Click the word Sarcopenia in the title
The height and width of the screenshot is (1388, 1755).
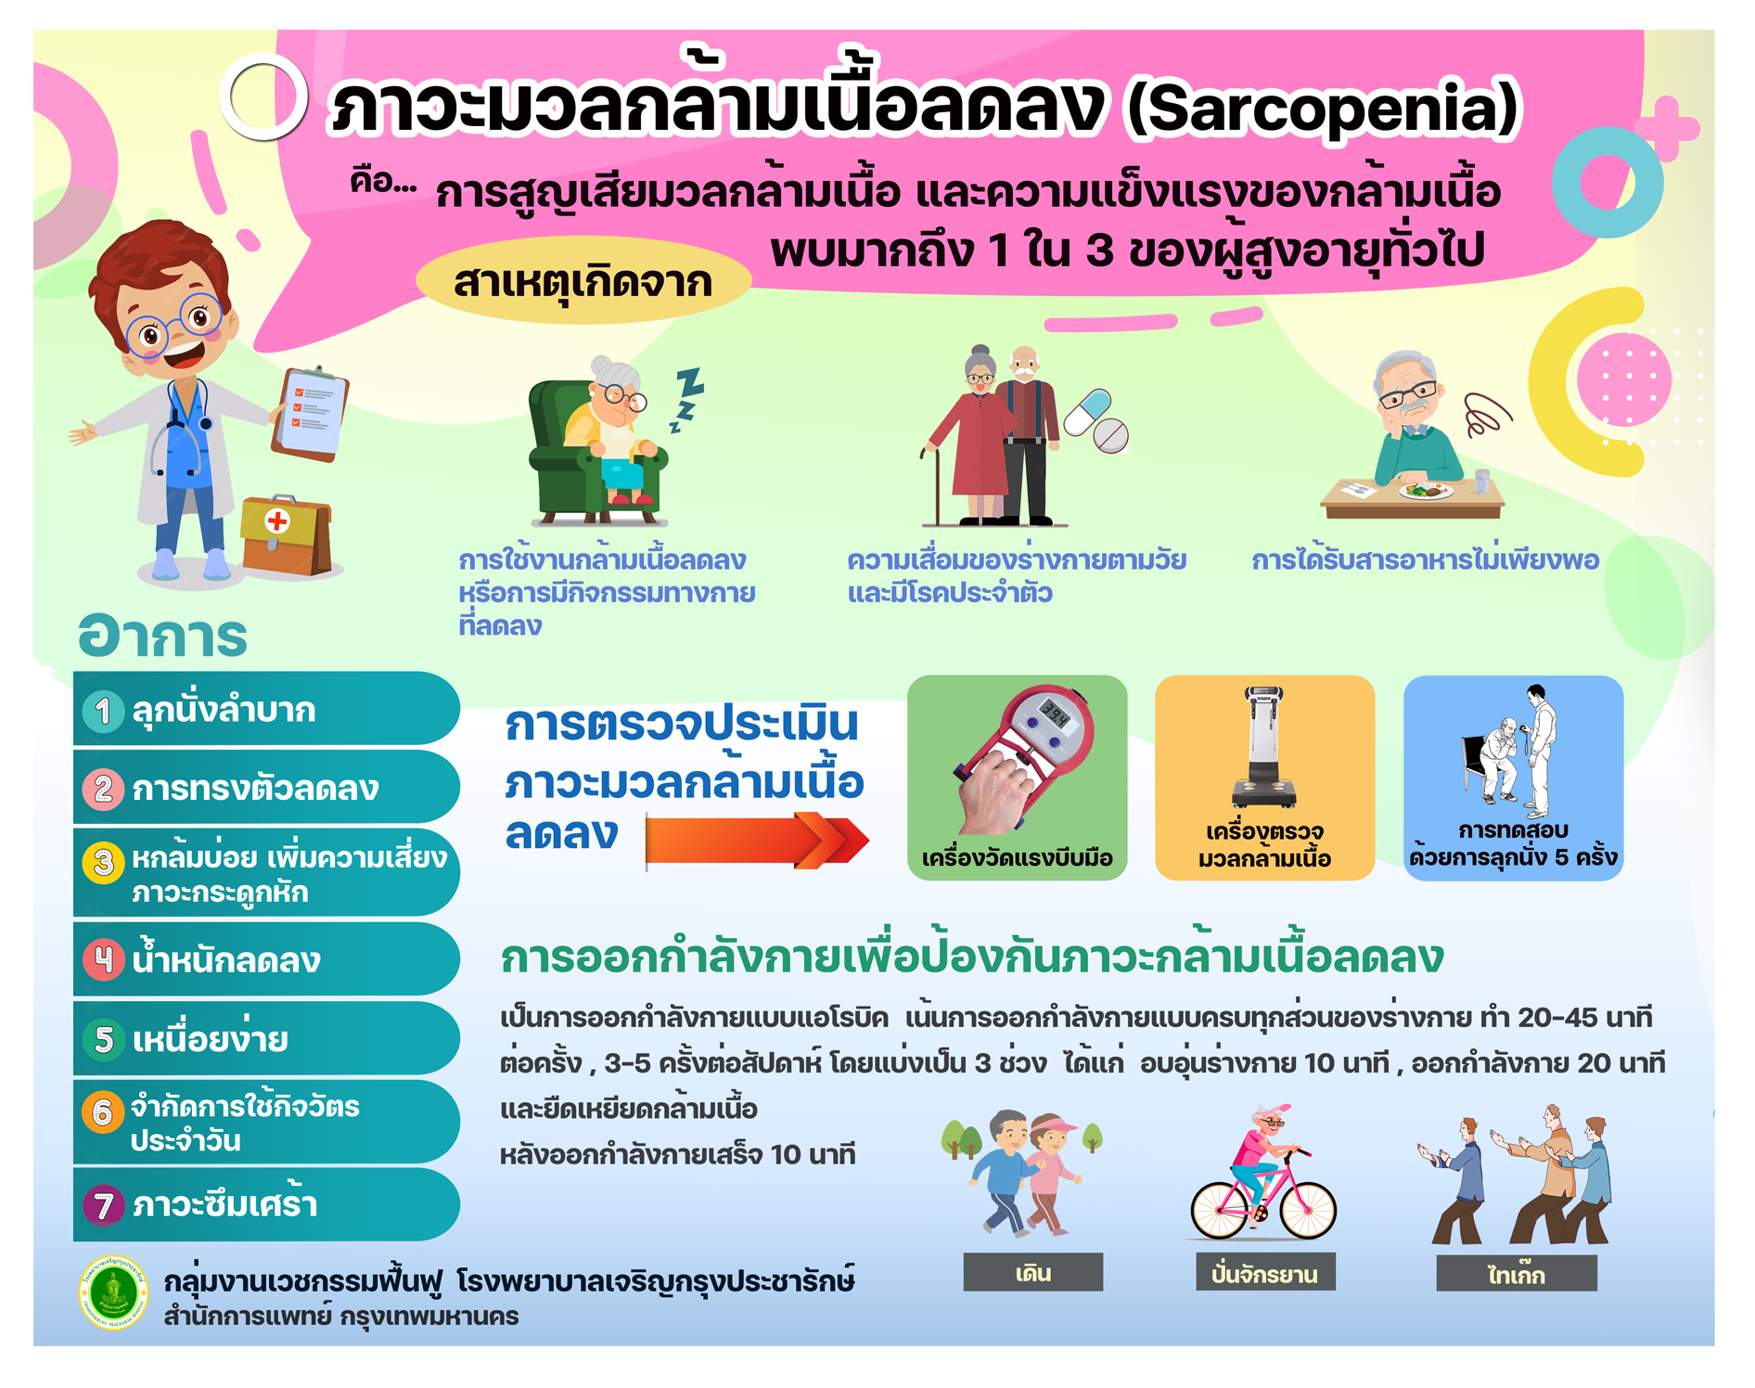click(1322, 109)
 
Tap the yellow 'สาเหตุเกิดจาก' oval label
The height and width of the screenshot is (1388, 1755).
click(583, 281)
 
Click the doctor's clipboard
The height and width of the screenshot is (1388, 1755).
click(310, 414)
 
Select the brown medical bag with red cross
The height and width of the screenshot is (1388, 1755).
click(286, 536)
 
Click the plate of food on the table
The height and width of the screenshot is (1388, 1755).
click(1424, 491)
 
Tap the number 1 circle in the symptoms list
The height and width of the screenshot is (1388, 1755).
click(103, 711)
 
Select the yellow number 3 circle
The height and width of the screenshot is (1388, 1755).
click(103, 863)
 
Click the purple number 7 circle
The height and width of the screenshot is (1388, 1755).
click(103, 1205)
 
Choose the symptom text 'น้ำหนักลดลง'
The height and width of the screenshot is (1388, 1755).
click(226, 957)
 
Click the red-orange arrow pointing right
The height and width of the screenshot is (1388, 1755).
click(757, 842)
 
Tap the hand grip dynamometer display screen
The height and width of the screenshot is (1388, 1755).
click(1055, 715)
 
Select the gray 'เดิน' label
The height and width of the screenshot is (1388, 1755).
click(1033, 1272)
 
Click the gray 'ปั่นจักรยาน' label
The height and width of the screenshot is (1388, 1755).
click(1265, 1272)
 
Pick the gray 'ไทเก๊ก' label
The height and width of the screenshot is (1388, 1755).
click(1517, 1273)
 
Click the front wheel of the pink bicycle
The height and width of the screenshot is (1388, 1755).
click(1307, 1210)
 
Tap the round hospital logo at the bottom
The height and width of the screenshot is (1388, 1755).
click(113, 1292)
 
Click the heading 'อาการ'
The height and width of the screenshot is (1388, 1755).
click(163, 636)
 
